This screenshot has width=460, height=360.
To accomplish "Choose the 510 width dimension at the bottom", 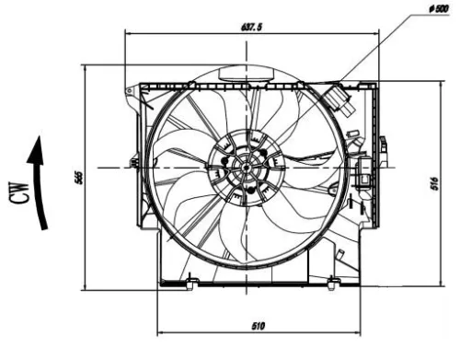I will tap(259, 325).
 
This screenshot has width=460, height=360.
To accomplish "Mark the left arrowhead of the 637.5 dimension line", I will tap(128, 35).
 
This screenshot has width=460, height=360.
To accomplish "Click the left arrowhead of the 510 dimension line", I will tap(161, 331).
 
